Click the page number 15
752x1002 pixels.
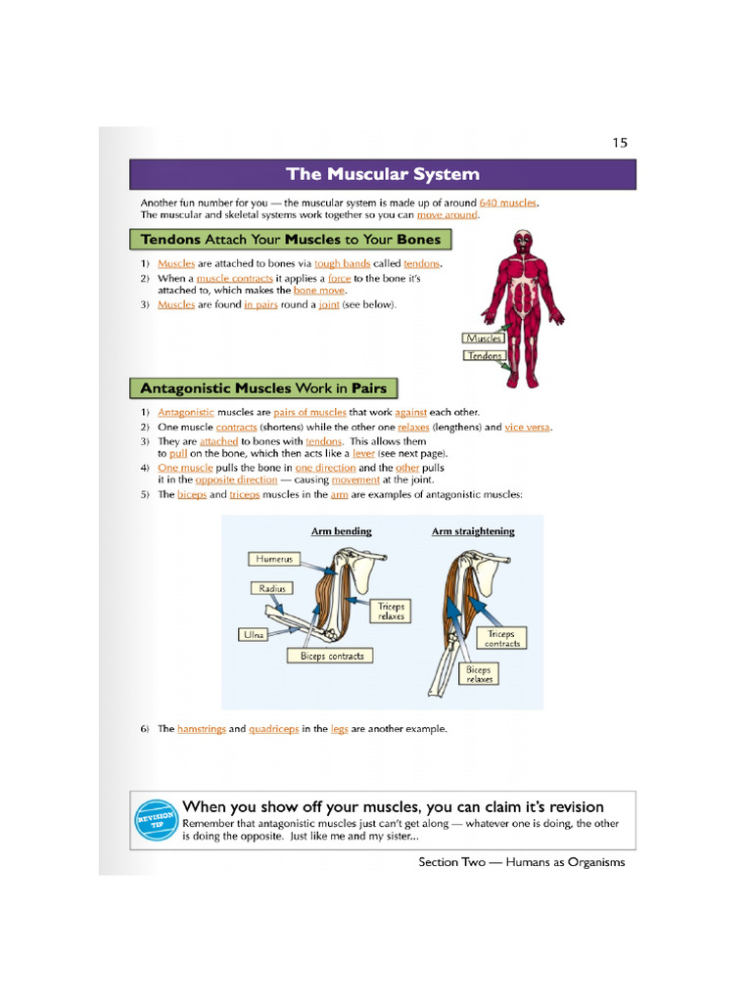coord(619,143)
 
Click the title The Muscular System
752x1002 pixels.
coord(383,175)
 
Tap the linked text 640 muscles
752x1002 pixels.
coord(508,203)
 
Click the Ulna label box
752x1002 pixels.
coord(254,635)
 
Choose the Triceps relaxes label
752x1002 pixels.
coord(391,612)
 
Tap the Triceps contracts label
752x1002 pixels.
coord(502,639)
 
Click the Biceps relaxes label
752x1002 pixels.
coord(479,674)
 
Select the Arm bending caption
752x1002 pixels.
coord(341,531)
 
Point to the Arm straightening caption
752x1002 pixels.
coord(473,531)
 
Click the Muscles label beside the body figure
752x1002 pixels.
coord(484,339)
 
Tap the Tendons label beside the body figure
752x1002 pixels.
coord(484,356)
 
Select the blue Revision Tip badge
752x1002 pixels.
coord(155,820)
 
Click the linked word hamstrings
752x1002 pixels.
coord(201,729)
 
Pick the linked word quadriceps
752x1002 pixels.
coord(273,729)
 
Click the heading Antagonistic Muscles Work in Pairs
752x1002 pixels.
coord(264,388)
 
